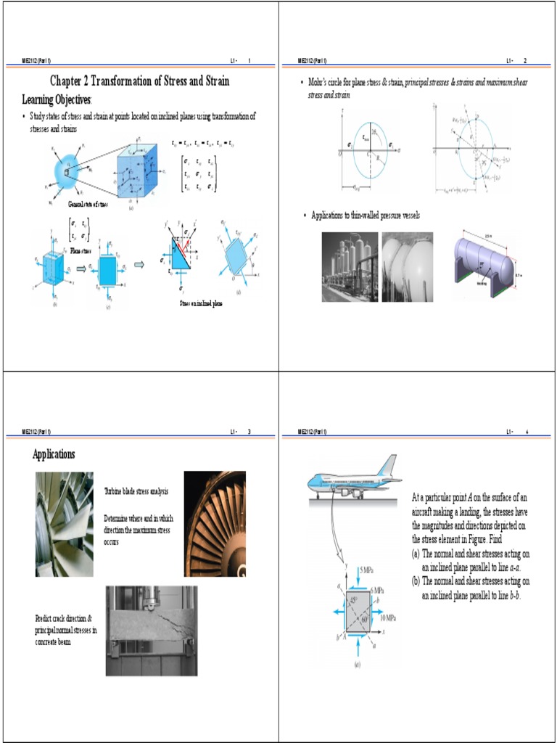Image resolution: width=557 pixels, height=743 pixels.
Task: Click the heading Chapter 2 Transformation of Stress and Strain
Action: click(x=139, y=81)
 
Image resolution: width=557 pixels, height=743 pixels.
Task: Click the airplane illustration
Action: click(x=352, y=480)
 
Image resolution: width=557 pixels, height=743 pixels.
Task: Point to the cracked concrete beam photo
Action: click(x=151, y=621)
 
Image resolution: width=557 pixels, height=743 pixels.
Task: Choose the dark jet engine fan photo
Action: click(x=214, y=523)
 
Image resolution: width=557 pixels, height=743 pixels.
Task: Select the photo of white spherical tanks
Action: click(x=407, y=266)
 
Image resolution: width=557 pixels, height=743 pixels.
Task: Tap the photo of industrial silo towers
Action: click(x=350, y=266)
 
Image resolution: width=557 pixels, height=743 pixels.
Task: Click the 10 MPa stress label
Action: click(x=387, y=617)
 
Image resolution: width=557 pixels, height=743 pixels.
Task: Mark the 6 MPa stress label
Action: click(x=376, y=592)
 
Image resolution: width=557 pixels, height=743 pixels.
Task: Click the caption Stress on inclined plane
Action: click(x=201, y=303)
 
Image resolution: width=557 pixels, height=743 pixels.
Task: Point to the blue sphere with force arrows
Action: click(x=69, y=171)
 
